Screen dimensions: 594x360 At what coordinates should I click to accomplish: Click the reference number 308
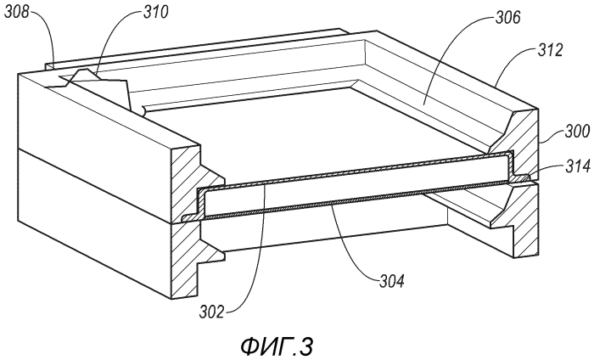17,12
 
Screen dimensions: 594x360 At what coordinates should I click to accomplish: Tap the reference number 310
155,12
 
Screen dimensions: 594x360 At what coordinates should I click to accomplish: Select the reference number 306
508,17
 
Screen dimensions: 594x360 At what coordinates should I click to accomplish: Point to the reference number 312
550,49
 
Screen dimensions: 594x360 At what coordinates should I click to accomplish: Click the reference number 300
577,131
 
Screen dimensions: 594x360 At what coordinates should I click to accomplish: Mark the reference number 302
212,312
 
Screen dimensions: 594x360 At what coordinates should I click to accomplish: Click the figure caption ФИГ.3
277,346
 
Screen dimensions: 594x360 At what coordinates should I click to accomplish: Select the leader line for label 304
352,250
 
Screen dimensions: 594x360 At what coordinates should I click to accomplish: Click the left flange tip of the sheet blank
187,218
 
